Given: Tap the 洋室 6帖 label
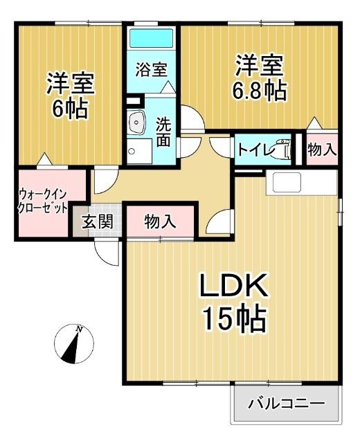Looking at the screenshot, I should [x=70, y=96].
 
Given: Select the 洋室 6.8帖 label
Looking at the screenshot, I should [x=260, y=78].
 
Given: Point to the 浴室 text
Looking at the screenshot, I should [x=151, y=69].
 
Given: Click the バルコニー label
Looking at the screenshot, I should [x=286, y=402].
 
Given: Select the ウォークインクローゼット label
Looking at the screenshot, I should [x=42, y=201].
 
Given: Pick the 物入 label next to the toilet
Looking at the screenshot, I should [x=322, y=149].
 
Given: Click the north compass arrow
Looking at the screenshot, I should [x=73, y=345].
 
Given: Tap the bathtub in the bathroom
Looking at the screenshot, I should [x=152, y=37].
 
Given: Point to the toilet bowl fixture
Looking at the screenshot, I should [x=285, y=148].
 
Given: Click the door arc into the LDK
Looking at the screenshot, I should [x=220, y=222].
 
